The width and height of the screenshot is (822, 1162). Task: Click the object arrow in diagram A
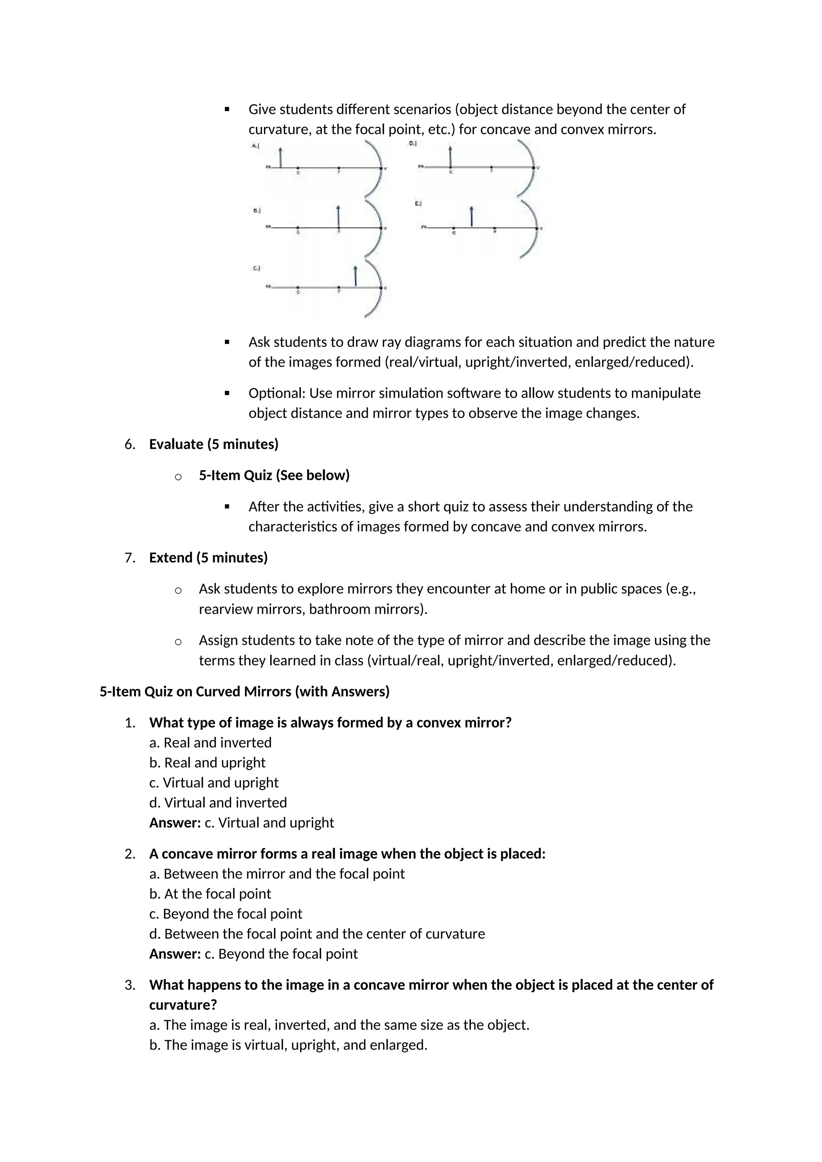(281, 157)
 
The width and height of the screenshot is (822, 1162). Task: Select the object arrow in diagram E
(471, 217)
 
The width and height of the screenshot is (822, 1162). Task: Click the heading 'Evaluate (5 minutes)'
(214, 444)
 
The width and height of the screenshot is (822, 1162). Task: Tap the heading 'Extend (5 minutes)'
(208, 558)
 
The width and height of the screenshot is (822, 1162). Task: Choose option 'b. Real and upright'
(207, 763)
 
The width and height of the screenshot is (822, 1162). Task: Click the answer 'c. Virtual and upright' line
(242, 823)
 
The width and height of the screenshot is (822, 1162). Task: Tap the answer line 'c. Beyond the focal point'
(253, 954)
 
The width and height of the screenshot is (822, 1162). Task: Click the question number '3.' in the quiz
(130, 985)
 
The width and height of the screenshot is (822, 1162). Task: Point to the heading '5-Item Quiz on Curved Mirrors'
(244, 692)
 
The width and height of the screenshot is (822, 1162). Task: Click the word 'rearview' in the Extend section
(225, 609)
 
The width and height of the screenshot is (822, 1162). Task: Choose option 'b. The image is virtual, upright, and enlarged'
(288, 1045)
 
